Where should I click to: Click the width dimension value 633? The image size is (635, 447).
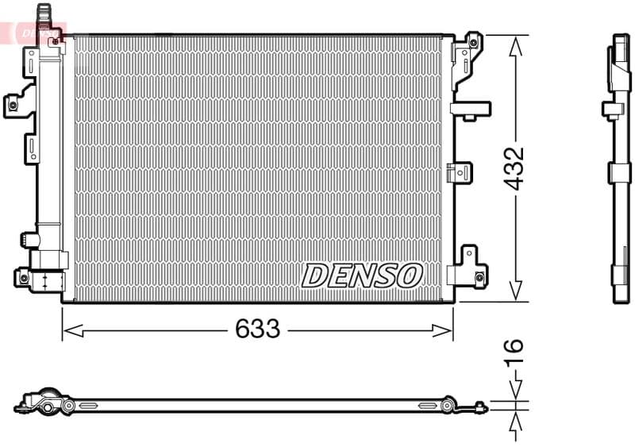click(257, 328)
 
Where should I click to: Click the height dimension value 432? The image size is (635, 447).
click(515, 168)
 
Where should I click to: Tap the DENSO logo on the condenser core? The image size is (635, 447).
click(361, 276)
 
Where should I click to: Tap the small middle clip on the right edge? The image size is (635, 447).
click(460, 171)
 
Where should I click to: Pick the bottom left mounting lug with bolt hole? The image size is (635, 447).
click(24, 277)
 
